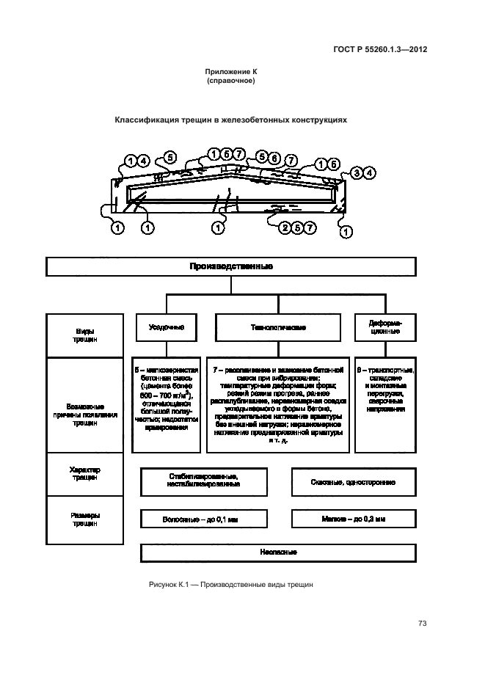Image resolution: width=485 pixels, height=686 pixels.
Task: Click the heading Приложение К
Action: [231, 72]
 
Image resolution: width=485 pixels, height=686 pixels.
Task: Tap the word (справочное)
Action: [231, 81]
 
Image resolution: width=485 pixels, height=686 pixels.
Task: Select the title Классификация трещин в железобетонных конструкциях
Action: [230, 118]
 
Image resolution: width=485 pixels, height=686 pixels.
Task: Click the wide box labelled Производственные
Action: [231, 266]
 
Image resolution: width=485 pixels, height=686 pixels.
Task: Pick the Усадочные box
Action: [165, 326]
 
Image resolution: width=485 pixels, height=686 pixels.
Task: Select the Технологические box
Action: [278, 326]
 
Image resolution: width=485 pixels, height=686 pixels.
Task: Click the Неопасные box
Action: [278, 552]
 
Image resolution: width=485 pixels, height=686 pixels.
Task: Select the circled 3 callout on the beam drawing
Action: [356, 172]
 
